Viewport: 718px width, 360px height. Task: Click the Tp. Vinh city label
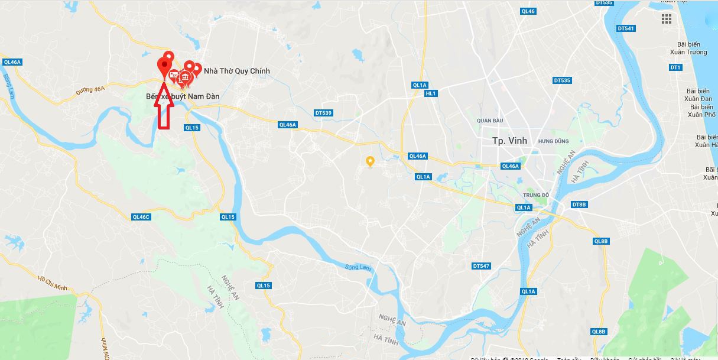pyautogui.click(x=509, y=141)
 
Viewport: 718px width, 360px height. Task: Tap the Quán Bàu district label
pyautogui.click(x=489, y=121)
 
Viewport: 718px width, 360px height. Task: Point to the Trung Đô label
pyautogui.click(x=536, y=195)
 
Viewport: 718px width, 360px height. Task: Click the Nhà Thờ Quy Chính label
pyautogui.click(x=236, y=71)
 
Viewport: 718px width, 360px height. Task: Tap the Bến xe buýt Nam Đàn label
pyautogui.click(x=183, y=96)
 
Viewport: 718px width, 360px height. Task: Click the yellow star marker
pyautogui.click(x=370, y=160)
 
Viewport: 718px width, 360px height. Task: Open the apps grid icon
pyautogui.click(x=667, y=19)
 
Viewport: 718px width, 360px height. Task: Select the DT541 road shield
pyautogui.click(x=625, y=28)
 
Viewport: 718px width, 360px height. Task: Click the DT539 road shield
pyautogui.click(x=323, y=112)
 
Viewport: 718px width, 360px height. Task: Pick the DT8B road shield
pyautogui.click(x=579, y=205)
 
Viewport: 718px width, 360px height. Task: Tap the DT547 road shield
pyautogui.click(x=481, y=266)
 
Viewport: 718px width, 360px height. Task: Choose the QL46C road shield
pyautogui.click(x=142, y=217)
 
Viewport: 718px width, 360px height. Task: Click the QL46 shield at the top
pyautogui.click(x=528, y=11)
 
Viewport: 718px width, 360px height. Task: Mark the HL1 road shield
pyautogui.click(x=430, y=93)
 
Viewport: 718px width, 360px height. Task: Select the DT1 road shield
pyautogui.click(x=675, y=67)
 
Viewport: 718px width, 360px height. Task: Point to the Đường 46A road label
pyautogui.click(x=90, y=89)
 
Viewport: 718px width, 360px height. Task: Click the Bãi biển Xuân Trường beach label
pyautogui.click(x=692, y=48)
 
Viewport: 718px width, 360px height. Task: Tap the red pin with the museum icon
pyautogui.click(x=185, y=77)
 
